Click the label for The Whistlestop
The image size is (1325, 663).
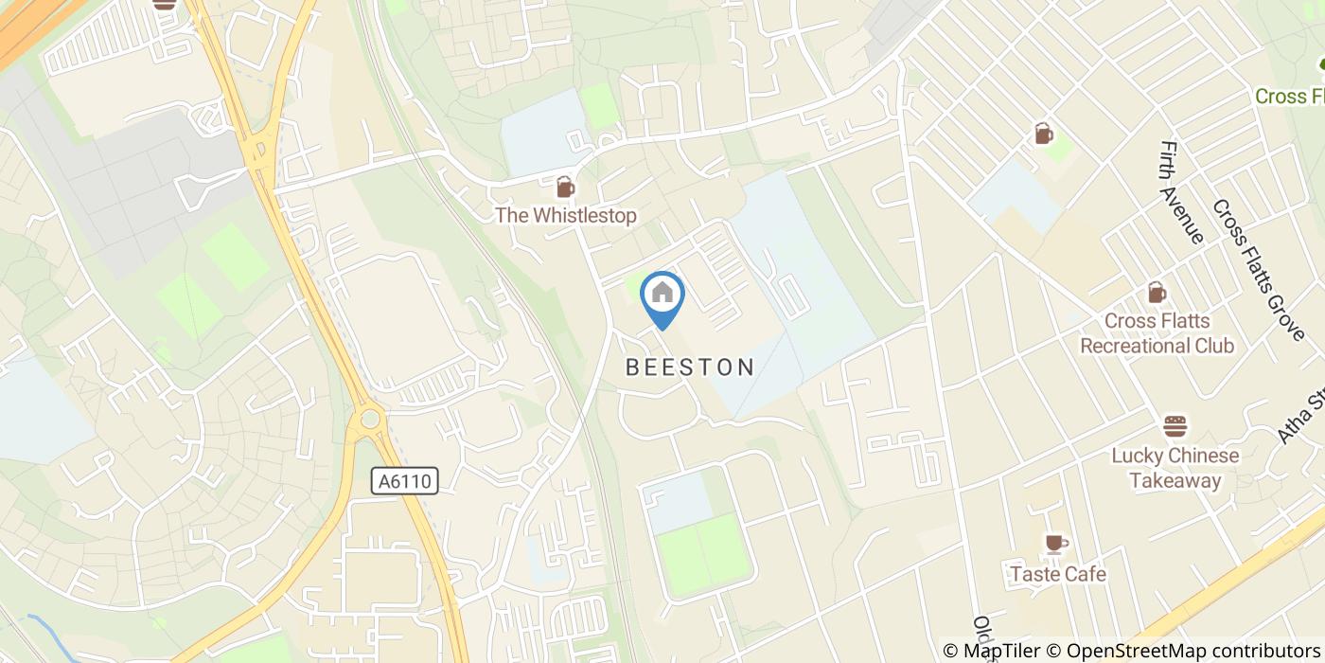point(566,216)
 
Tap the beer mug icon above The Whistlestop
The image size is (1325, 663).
point(565,186)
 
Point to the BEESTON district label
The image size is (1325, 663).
point(690,367)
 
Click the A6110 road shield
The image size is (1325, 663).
point(405,481)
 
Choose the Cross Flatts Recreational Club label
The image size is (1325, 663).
point(1157,333)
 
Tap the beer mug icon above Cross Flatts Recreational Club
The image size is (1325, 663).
point(1156,293)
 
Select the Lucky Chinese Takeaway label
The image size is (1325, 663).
point(1175,468)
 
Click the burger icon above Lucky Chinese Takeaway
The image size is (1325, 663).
point(1175,426)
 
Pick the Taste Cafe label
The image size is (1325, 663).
point(1057,574)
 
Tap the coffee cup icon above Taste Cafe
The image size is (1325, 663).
point(1055,543)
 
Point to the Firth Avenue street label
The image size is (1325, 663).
point(1180,192)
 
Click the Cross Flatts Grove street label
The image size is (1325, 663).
point(1258,270)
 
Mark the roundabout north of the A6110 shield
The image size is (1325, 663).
point(370,418)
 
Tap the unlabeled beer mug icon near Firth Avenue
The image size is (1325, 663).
point(1043,134)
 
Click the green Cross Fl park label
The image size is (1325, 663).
point(1289,97)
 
